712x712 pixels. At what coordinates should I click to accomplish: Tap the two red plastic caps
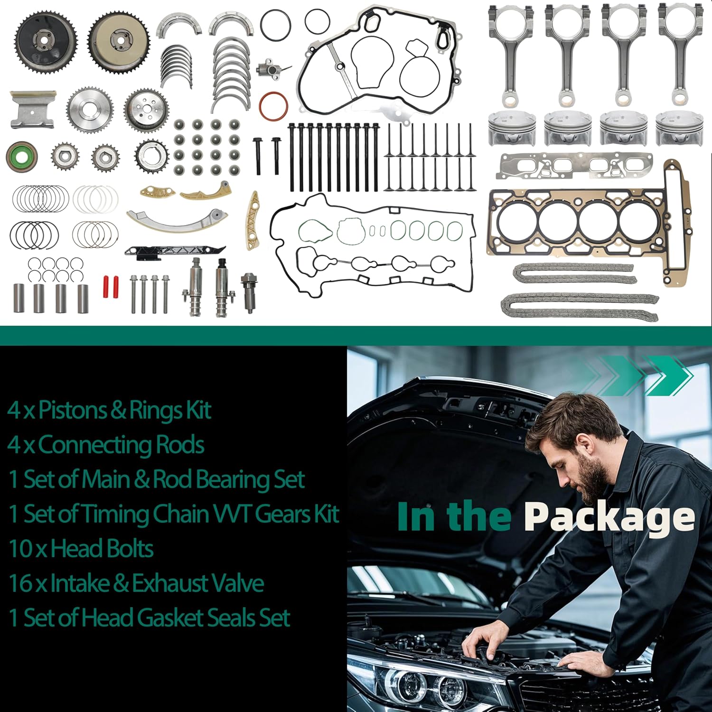click(111, 286)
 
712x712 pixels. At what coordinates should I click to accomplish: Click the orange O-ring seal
click(274, 106)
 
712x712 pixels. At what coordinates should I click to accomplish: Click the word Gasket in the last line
click(176, 618)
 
